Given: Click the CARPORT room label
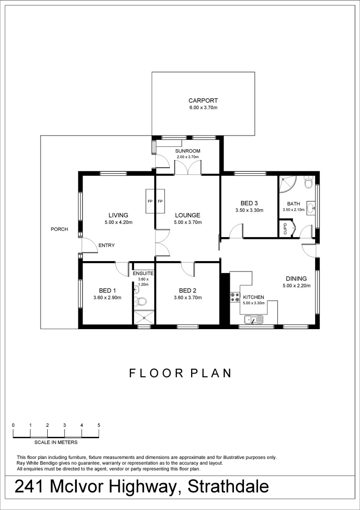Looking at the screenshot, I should click(203, 101).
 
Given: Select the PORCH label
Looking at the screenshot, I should click(59, 229).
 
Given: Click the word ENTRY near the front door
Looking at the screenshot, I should click(106, 246).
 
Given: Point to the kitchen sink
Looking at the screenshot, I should click(253, 321).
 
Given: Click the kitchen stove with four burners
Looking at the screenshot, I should click(234, 297).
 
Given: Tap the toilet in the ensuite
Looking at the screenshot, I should click(142, 301).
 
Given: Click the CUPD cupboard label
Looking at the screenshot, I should click(285, 229).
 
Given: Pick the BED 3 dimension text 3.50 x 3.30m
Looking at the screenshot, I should click(249, 211).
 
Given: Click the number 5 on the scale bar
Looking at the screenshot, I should click(99, 425).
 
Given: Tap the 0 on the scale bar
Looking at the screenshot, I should click(13, 425).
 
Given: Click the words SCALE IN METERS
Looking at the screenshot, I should click(56, 442).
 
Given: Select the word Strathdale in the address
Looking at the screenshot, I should click(228, 486).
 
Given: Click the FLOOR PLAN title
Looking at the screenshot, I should click(180, 373).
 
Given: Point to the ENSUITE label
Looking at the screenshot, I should click(142, 273).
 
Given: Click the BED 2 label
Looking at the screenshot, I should click(187, 290).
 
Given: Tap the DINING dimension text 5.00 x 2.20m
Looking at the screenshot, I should click(296, 286).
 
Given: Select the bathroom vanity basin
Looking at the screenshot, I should click(312, 207).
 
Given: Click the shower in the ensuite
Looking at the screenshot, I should click(142, 317).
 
